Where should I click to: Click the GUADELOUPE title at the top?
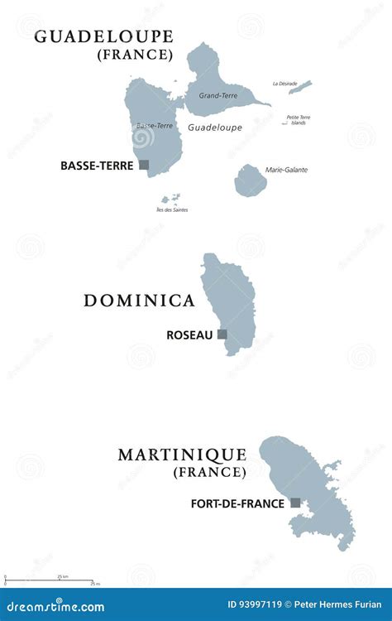pyautogui.click(x=103, y=36)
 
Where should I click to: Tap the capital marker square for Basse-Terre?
pyautogui.click(x=144, y=165)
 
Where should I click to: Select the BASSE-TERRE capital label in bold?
pyautogui.click(x=97, y=166)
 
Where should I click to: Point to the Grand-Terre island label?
pyautogui.click(x=218, y=96)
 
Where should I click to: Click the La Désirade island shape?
pyautogui.click(x=300, y=86)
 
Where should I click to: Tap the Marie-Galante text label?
pyautogui.click(x=286, y=170)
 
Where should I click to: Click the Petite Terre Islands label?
pyautogui.click(x=299, y=120)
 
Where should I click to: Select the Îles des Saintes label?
pyautogui.click(x=172, y=209)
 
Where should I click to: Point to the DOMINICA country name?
pyautogui.click(x=139, y=301)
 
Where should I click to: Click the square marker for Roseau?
pyautogui.click(x=222, y=335)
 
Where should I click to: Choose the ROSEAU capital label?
pyautogui.click(x=190, y=335)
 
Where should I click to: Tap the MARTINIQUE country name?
pyautogui.click(x=182, y=455)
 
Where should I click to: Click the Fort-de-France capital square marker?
pyautogui.click(x=295, y=503)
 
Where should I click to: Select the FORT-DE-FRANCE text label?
pyautogui.click(x=237, y=503)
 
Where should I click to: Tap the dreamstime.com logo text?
pyautogui.click(x=56, y=606)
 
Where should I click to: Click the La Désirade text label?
pyautogui.click(x=285, y=84)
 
